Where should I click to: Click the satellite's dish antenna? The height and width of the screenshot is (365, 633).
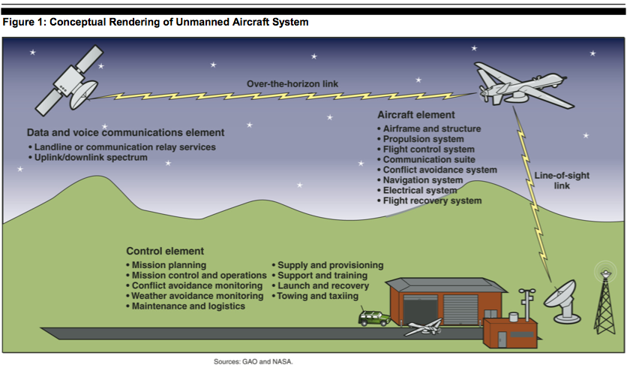pyautogui.click(x=84, y=95)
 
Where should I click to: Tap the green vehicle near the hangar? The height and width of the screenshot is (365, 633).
pyautogui.click(x=374, y=318)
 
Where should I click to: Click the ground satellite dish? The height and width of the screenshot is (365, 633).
pyautogui.click(x=562, y=302)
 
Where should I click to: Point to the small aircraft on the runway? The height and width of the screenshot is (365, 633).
pyautogui.click(x=424, y=327)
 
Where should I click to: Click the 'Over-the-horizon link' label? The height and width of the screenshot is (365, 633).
pyautogui.click(x=292, y=84)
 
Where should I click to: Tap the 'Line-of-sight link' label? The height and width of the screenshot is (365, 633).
pyautogui.click(x=562, y=181)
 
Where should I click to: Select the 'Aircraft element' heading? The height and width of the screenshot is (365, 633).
pyautogui.click(x=416, y=115)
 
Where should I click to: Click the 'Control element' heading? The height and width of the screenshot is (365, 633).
pyautogui.click(x=165, y=251)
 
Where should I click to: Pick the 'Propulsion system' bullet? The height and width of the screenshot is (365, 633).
pyautogui.click(x=420, y=139)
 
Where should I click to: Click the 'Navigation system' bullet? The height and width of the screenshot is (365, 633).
pyautogui.click(x=420, y=180)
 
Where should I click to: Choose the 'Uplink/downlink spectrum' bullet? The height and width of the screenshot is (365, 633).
pyautogui.click(x=88, y=158)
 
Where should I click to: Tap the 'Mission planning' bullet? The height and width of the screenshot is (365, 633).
pyautogui.click(x=166, y=265)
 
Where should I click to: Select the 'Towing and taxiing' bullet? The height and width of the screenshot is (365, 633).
pyautogui.click(x=315, y=296)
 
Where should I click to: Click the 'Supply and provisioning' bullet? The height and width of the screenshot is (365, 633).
pyautogui.click(x=328, y=265)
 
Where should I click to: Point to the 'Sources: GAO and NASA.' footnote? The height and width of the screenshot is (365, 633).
pyautogui.click(x=253, y=361)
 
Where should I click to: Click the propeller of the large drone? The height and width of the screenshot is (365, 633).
pyautogui.click(x=483, y=94)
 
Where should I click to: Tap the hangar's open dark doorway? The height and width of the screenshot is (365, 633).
pyautogui.click(x=420, y=309)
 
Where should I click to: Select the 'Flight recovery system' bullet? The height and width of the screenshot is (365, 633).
pyautogui.click(x=429, y=201)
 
